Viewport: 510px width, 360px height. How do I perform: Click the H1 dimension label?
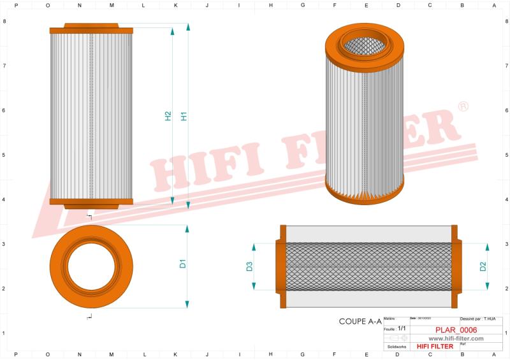[x=184, y=117]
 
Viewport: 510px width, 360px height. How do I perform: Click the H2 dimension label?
[x=168, y=117]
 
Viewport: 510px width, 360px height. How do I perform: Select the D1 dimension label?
[x=182, y=263]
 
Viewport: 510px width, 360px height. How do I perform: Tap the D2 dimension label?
[x=483, y=266]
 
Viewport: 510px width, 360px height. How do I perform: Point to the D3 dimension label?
[x=249, y=266]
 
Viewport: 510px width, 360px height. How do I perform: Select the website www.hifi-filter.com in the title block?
[x=451, y=338]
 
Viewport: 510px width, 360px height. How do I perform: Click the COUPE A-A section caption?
[x=360, y=322]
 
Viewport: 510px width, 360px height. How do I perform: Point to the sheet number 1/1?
[x=401, y=326]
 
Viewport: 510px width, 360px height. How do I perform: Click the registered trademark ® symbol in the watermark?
[x=463, y=106]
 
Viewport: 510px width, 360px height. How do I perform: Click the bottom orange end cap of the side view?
[x=91, y=203]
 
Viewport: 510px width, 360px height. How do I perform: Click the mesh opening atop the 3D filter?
[x=365, y=43]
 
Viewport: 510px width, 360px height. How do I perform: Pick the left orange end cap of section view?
[x=280, y=266]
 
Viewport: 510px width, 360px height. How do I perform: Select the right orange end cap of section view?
[x=455, y=266]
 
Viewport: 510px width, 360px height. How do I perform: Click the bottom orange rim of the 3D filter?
[x=365, y=192]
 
